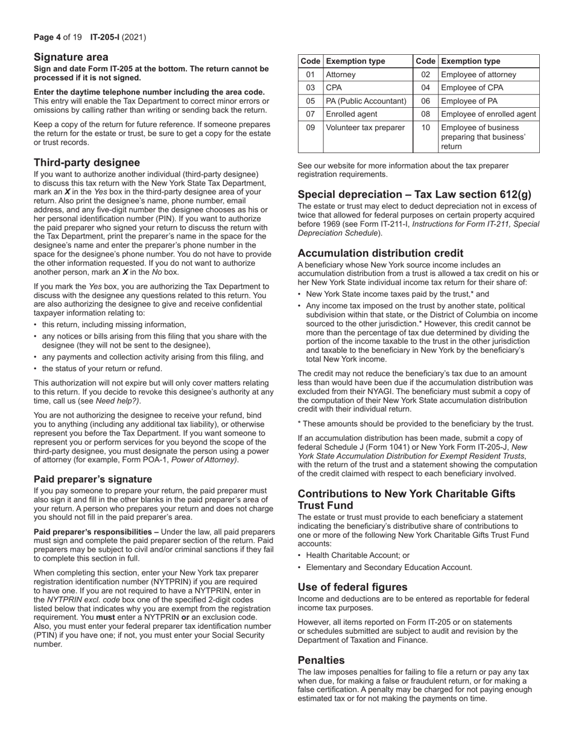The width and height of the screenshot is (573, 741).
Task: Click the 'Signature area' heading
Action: pyautogui.click(x=71, y=57)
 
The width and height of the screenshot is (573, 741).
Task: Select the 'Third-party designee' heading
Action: pyautogui.click(x=87, y=163)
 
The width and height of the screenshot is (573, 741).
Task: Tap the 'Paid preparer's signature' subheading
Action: pyautogui.click(x=93, y=480)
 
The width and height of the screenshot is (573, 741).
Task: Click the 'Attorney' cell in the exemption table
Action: pyautogui.click(x=341, y=75)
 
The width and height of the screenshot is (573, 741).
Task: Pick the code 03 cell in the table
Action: pyautogui.click(x=310, y=88)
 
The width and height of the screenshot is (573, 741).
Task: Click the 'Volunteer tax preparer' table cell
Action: pyautogui.click(x=365, y=127)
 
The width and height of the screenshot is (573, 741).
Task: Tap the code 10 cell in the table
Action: pyautogui.click(x=425, y=127)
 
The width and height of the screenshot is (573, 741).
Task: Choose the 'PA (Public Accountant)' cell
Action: pyautogui.click(x=366, y=101)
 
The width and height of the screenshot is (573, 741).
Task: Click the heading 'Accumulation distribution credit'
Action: pyautogui.click(x=381, y=253)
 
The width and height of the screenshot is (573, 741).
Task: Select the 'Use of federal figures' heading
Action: pyautogui.click(x=353, y=587)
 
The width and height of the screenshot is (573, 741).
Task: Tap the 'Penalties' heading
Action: pyautogui.click(x=321, y=660)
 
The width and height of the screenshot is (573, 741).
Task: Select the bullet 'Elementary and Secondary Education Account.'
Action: pyautogui.click(x=389, y=567)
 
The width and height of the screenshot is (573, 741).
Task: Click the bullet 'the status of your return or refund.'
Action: pyautogui.click(x=102, y=369)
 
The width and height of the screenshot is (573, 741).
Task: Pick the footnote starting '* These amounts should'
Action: pyautogui.click(x=416, y=424)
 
